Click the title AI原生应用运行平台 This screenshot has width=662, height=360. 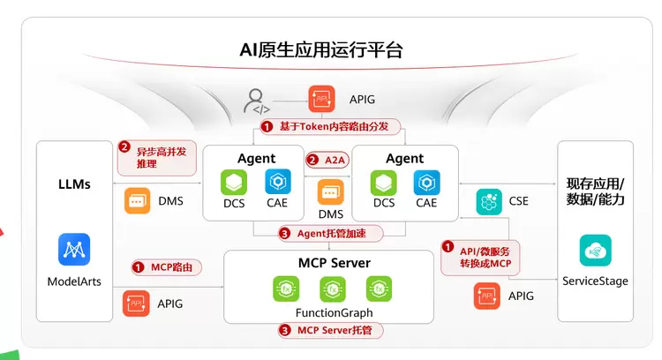coord(321,49)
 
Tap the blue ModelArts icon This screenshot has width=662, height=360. coord(74,249)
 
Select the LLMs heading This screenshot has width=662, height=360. coord(74,184)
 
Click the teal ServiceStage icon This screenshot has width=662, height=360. coord(595,250)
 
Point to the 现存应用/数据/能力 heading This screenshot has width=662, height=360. coord(595,191)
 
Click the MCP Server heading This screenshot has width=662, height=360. coord(334,263)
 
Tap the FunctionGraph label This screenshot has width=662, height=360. coord(334,312)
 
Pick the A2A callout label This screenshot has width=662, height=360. coord(326,160)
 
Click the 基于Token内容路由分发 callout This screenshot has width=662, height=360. coord(331,125)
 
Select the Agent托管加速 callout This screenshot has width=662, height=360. coord(330,234)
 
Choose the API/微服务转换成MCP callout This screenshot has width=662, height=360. coord(480,257)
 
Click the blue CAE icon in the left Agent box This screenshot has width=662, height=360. coord(278,182)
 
